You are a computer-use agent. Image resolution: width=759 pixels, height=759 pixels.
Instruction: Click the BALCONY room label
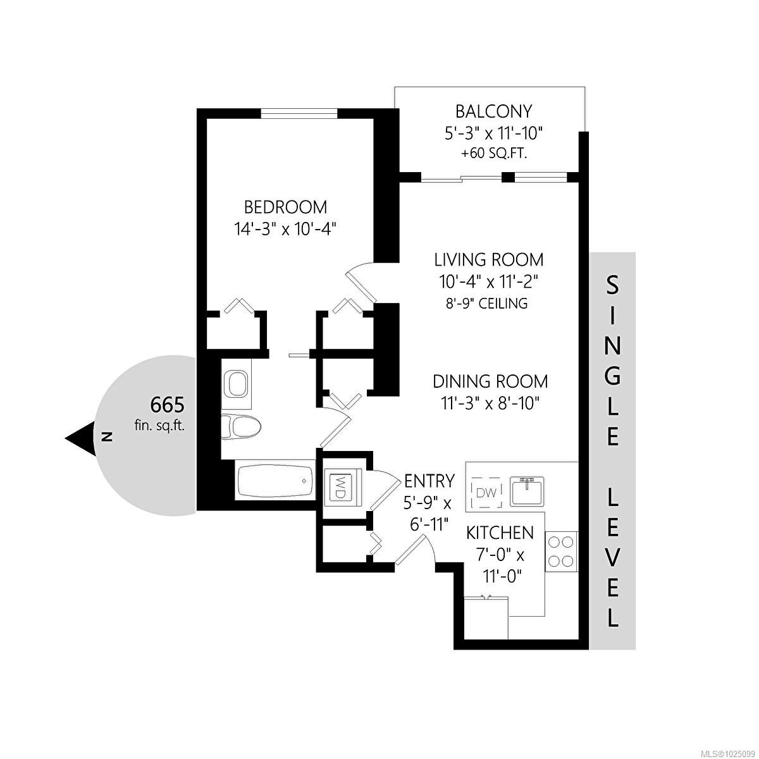click(493, 112)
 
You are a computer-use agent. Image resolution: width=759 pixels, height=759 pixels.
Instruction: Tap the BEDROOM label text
click(286, 207)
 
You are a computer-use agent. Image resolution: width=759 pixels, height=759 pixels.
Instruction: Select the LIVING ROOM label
click(489, 259)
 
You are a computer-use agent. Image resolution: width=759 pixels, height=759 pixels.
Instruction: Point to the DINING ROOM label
click(490, 381)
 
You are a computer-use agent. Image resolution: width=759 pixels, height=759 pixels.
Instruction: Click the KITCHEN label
click(500, 533)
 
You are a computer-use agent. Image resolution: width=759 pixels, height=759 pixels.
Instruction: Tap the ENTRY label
click(429, 481)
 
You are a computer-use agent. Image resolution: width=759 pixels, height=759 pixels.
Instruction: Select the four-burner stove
click(561, 551)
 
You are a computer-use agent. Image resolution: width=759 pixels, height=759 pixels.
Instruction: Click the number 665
click(167, 404)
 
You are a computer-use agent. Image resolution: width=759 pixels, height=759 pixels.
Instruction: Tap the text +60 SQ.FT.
click(493, 153)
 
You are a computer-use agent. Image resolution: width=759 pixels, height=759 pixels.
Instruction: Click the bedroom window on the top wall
click(299, 113)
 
